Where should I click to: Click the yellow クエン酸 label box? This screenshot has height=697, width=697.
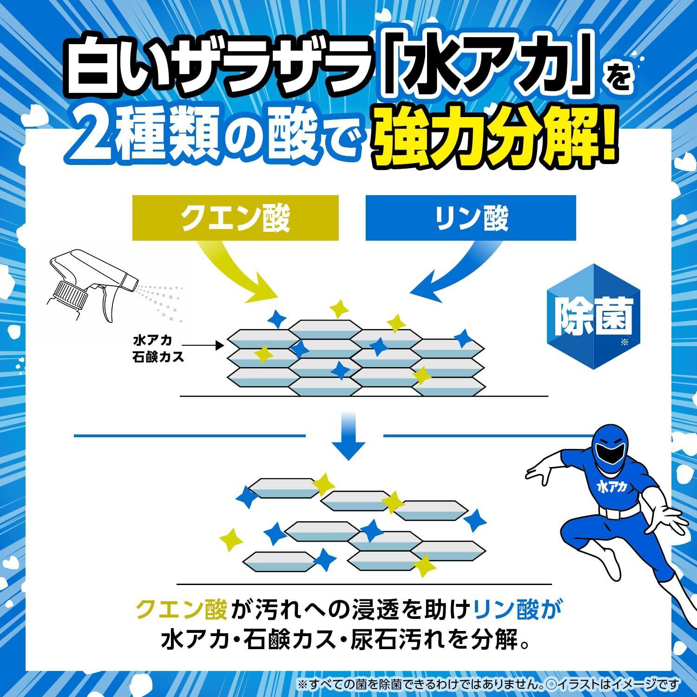(235, 218)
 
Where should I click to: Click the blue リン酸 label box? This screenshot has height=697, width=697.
(470, 218)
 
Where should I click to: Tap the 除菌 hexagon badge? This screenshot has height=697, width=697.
(594, 317)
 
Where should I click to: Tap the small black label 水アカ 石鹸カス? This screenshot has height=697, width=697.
(158, 348)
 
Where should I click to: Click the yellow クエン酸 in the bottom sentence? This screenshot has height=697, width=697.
(181, 609)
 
